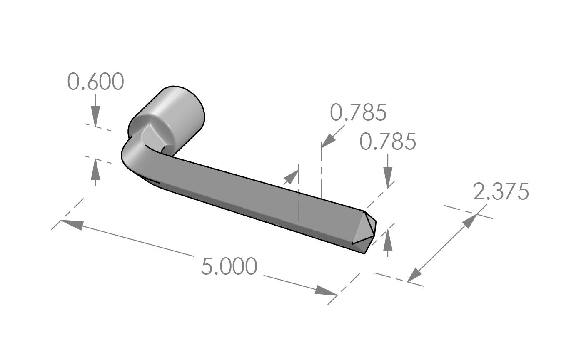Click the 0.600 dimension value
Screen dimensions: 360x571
coord(95,82)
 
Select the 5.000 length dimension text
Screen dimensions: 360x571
coord(228,266)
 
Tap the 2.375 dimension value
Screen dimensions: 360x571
coord(501,192)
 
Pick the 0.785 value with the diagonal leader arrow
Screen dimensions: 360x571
coord(358,113)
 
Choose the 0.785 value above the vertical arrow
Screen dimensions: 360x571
coord(387,142)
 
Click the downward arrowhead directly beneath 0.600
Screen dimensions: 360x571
coord(95,117)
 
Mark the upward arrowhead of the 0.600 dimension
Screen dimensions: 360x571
coord(95,166)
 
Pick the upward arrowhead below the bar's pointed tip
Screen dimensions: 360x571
coord(388,236)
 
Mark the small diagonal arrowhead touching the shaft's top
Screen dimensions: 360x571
coord(292,176)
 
